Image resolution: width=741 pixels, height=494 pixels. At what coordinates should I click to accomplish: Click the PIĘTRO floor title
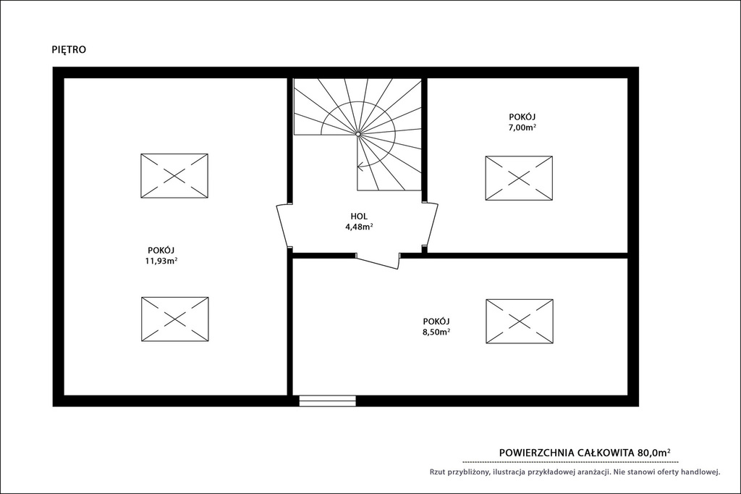click(69, 50)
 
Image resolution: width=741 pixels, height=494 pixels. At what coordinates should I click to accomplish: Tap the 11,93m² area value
click(161, 261)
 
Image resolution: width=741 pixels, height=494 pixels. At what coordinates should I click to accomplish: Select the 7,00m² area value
click(522, 127)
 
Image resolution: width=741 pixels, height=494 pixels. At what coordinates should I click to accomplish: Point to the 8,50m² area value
click(436, 332)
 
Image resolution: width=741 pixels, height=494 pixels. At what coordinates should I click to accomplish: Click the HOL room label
click(359, 217)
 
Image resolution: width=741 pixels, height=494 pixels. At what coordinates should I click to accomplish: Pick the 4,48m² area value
click(359, 227)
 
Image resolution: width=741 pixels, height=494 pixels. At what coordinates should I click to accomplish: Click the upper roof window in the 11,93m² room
click(174, 175)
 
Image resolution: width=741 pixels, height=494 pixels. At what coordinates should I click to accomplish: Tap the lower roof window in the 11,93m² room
click(175, 319)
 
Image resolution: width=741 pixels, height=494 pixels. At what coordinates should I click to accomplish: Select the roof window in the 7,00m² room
click(519, 178)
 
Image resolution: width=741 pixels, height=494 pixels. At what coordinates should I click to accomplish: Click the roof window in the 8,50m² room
click(520, 322)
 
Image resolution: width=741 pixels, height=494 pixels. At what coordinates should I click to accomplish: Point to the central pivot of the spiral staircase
click(358, 135)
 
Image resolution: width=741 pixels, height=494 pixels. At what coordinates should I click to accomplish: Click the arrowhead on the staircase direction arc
click(360, 166)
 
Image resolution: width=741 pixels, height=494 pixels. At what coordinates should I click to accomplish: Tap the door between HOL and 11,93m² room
click(284, 225)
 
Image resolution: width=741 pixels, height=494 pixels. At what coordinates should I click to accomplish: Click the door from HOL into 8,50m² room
click(378, 261)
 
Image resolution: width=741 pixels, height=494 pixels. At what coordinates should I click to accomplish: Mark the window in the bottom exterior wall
click(328, 401)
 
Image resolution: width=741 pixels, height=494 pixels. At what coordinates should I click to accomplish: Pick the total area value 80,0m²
click(654, 453)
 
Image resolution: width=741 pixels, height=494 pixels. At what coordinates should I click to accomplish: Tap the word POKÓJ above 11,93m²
click(161, 251)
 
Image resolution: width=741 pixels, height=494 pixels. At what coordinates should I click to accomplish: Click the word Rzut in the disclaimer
click(438, 472)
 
